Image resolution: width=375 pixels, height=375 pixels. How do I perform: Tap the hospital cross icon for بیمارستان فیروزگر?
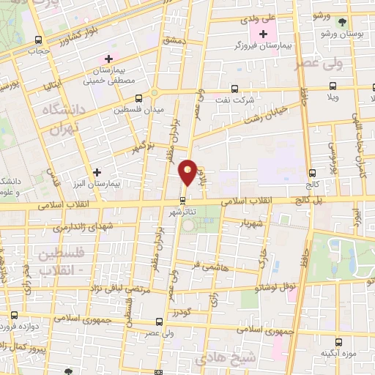[263, 34]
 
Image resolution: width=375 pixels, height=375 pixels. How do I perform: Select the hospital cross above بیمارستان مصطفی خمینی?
[109, 59]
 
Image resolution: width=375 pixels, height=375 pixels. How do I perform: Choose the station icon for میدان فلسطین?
[138, 97]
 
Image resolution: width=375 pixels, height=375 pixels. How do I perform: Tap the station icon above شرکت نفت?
[234, 88]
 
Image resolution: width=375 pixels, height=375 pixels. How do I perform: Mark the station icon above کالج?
[313, 174]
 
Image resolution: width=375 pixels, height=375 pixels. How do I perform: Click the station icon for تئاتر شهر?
[183, 201]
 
